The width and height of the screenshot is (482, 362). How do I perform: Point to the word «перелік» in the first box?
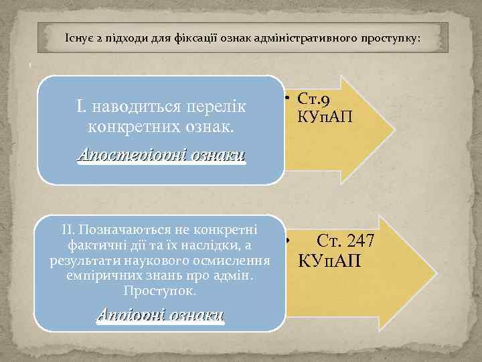tap(212, 107)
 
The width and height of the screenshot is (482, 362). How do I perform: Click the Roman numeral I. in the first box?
tap(82, 107)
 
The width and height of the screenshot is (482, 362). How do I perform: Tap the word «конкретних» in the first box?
tap(127, 126)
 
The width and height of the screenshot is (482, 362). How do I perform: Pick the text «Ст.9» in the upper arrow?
tap(309, 101)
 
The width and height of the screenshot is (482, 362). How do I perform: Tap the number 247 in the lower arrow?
tap(359, 241)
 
